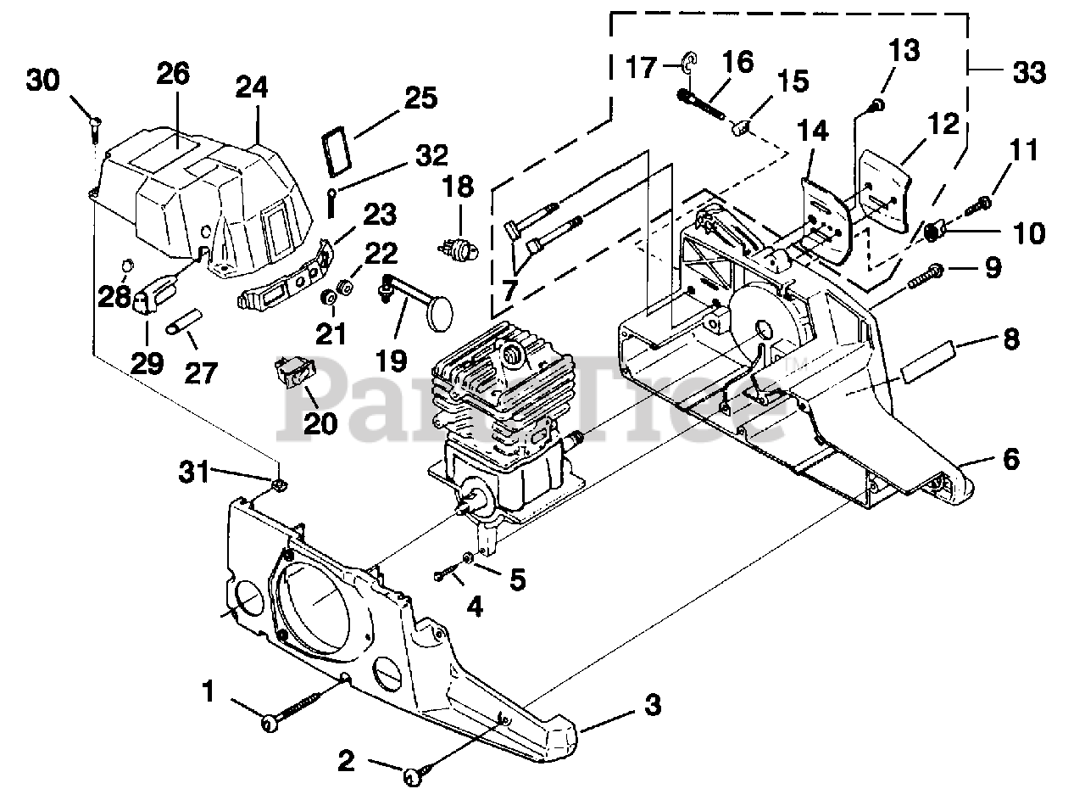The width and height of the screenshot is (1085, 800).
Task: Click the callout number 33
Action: coord(1029,72)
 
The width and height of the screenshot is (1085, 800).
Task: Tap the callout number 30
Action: coord(43,80)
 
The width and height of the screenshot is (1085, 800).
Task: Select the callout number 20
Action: coord(320,423)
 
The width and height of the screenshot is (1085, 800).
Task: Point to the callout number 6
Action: coord(1011,459)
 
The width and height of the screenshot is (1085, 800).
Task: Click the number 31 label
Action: coord(194,472)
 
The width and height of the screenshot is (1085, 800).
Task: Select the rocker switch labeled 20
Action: coord(294,372)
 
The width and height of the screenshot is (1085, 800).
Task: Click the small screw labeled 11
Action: coord(978,206)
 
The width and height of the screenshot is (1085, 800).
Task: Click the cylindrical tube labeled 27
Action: coord(183,321)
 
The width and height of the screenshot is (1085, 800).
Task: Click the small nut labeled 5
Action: coord(468,557)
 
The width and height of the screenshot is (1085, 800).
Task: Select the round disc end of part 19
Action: coord(440,313)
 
